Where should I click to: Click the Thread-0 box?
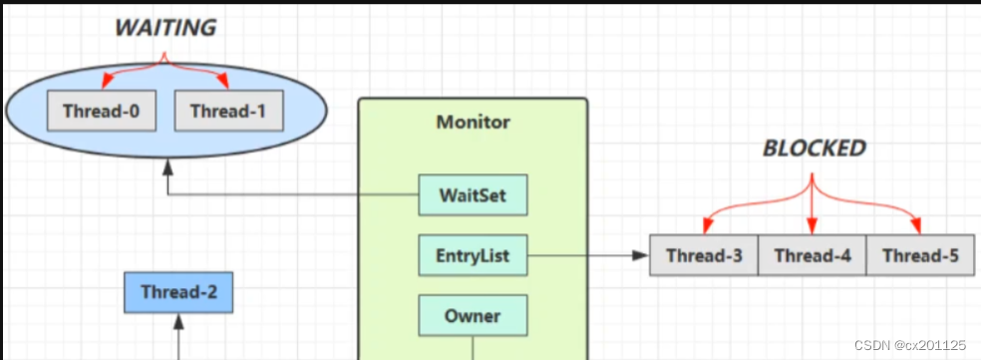coord(101,111)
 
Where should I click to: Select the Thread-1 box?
coord(228,111)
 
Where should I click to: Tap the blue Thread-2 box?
coord(179,292)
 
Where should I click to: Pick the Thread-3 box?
coord(704,256)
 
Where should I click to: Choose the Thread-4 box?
coord(812,256)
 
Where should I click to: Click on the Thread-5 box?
coord(920,256)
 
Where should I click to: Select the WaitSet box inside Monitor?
coord(473,195)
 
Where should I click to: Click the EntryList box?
coord(473,256)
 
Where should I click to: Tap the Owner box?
coord(473,317)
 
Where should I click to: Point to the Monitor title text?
coord(473,123)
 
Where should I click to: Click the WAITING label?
coord(165,28)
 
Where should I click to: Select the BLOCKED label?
coord(814,149)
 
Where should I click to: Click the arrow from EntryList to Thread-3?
coord(588,256)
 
